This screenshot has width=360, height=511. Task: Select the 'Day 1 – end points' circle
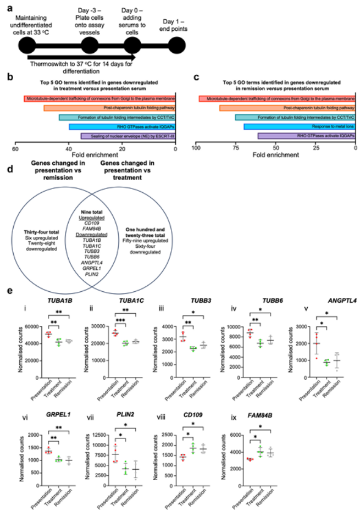(x=178, y=45)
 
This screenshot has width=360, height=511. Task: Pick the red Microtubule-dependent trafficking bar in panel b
(x=99, y=98)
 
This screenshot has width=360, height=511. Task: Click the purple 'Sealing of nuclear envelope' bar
(x=128, y=136)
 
